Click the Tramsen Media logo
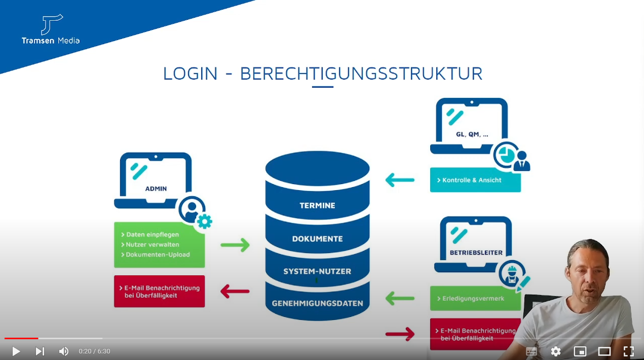click(51, 29)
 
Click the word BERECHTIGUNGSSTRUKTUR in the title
click(361, 74)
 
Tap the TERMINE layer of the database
click(317, 205)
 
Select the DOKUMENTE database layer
click(317, 239)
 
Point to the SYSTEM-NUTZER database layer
click(317, 271)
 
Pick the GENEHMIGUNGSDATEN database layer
click(317, 303)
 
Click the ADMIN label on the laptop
click(156, 189)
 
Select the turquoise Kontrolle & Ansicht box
click(475, 180)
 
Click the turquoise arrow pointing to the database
click(400, 179)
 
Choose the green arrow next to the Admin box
click(235, 245)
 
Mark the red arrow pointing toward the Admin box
click(235, 291)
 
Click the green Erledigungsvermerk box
click(475, 299)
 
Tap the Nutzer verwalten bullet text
click(145, 244)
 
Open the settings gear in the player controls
click(556, 351)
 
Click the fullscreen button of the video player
click(628, 351)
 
